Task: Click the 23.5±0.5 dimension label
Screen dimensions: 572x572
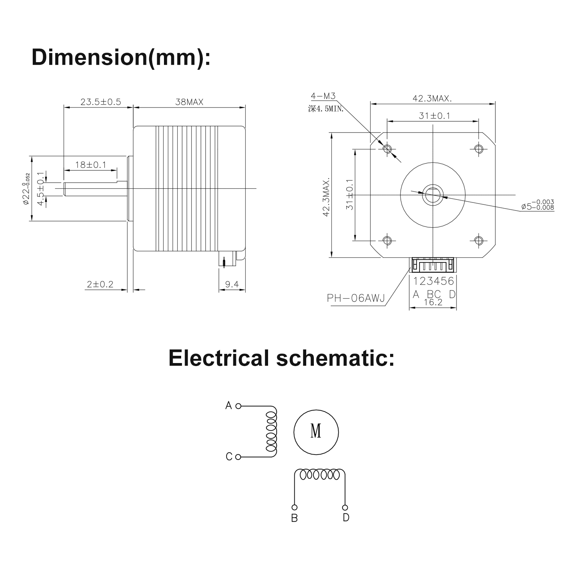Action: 100,102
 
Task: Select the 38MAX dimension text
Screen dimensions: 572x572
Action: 189,102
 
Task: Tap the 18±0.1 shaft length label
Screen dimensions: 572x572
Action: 91,165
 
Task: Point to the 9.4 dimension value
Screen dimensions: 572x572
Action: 232,284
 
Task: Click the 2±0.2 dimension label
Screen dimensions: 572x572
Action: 100,284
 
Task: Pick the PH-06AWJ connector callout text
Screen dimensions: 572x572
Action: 356,298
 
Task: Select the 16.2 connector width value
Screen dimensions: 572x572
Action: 433,302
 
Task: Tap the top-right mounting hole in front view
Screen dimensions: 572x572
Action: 479,148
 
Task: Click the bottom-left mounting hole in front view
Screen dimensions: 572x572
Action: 387,240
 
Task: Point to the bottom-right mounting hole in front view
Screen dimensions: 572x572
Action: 479,240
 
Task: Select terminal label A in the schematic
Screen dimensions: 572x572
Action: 229,405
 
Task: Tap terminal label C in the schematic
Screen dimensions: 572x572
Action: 229,456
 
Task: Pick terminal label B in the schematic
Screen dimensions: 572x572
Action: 294,518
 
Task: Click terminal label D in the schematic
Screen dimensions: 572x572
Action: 346,518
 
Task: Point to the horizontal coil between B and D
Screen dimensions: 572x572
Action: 320,475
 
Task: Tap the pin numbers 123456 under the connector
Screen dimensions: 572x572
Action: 434,281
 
